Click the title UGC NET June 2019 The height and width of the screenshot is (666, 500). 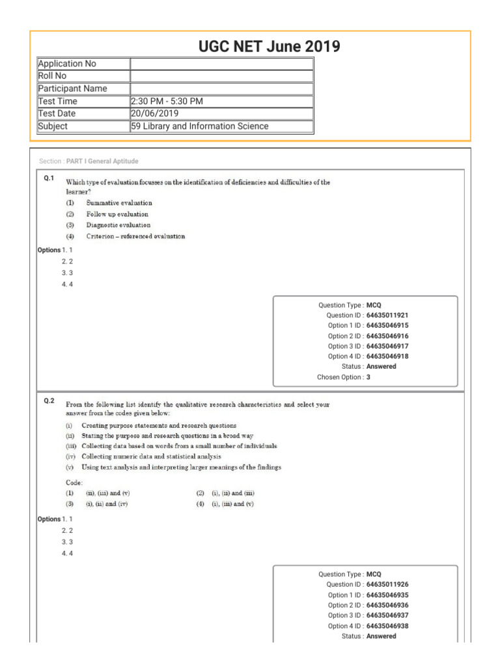(269, 46)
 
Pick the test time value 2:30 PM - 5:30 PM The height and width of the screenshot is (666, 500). (168, 101)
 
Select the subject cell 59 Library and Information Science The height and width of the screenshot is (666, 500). (199, 126)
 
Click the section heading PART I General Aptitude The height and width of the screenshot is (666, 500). (102, 161)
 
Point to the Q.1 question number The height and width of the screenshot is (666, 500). (49, 178)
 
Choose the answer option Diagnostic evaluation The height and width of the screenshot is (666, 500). (118, 225)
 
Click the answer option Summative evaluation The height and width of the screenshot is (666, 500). (119, 203)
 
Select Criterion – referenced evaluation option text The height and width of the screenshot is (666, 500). (135, 236)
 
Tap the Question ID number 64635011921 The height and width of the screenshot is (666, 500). (387, 315)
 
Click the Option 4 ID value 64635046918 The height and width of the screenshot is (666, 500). (387, 356)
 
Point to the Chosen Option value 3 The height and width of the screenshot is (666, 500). (368, 377)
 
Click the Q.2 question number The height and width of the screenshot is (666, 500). (49, 401)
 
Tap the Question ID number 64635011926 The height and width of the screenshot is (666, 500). (387, 585)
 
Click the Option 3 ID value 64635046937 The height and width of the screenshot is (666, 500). (387, 615)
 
